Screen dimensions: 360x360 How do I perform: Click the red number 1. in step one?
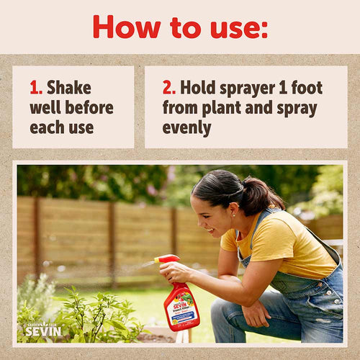[35, 88]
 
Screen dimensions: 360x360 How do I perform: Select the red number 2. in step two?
[168, 88]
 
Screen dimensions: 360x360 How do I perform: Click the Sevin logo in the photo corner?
[42, 329]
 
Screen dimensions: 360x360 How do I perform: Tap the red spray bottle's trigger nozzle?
[166, 260]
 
